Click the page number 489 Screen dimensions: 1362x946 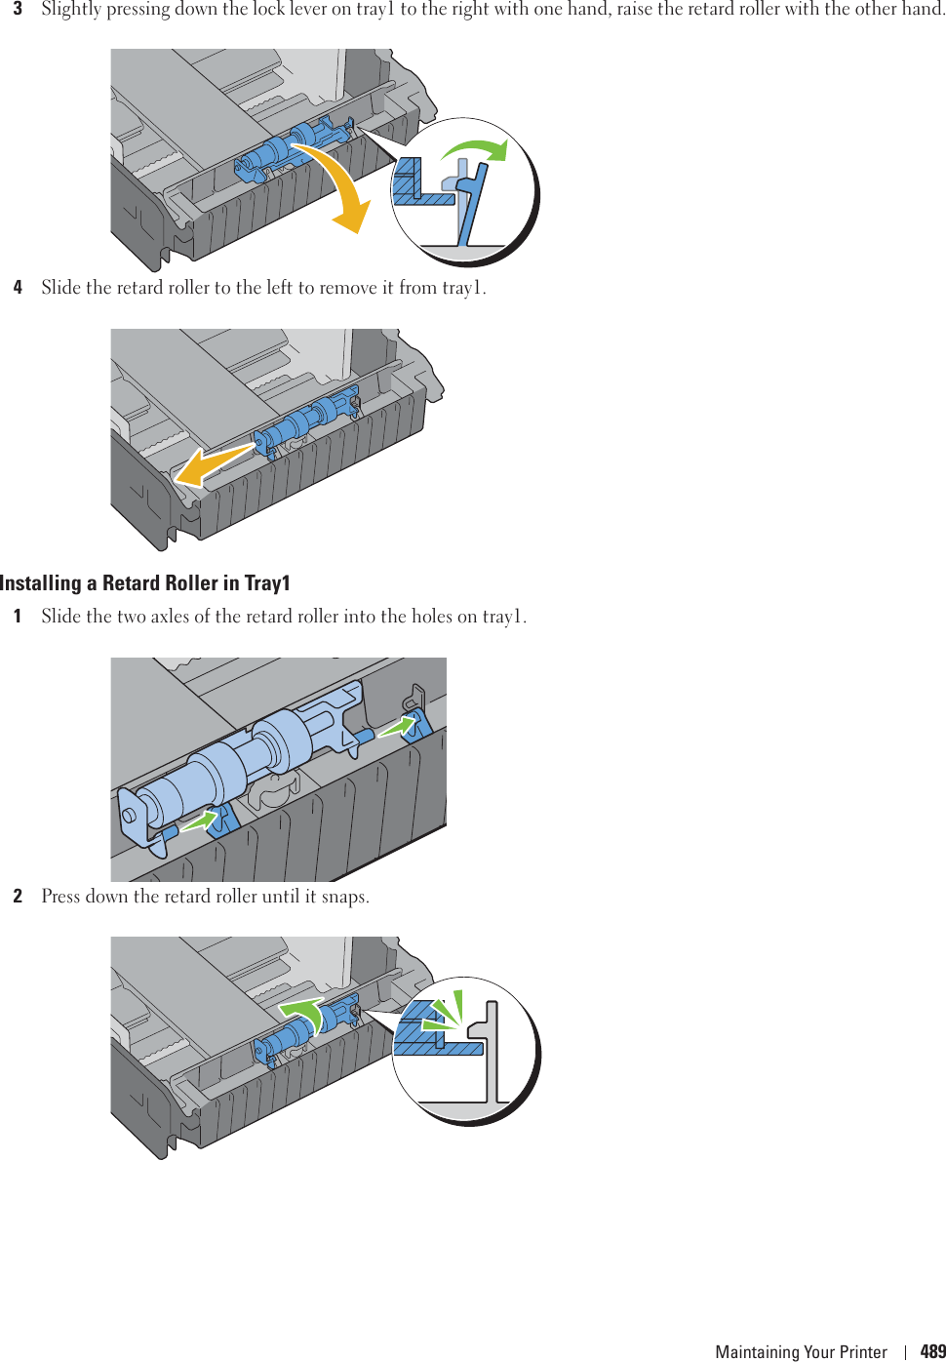tap(932, 1351)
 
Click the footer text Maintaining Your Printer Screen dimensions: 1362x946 tap(801, 1351)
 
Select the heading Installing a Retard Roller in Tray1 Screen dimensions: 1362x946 tap(145, 583)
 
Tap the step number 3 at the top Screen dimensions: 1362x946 tap(18, 9)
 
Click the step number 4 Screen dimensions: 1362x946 tap(18, 288)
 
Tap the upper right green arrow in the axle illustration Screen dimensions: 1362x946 tap(396, 727)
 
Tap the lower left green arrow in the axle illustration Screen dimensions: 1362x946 tap(199, 822)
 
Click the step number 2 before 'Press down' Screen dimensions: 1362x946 tap(18, 897)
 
